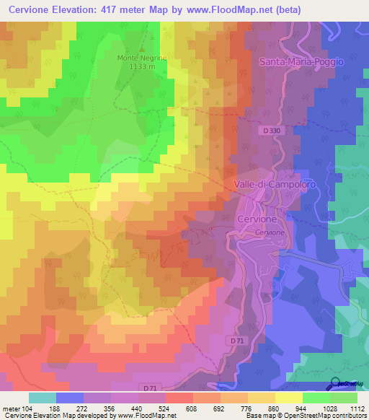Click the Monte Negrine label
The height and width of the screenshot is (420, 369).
pos(142,58)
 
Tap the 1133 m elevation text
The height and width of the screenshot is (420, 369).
pos(142,66)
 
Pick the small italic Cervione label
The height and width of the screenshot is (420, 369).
pos(270,232)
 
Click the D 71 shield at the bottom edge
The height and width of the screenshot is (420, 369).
pos(150,388)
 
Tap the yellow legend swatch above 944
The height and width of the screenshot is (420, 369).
pos(288,398)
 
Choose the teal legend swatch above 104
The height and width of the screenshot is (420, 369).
pos(43,398)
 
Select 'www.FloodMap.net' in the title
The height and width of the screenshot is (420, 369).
pos(224,10)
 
